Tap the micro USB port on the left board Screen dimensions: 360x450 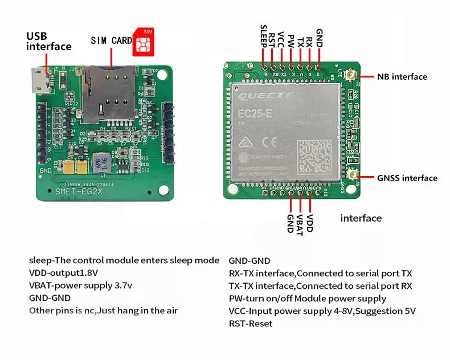(x=40, y=82)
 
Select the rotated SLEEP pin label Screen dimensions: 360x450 (x=263, y=36)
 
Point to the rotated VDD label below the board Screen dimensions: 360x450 (x=310, y=222)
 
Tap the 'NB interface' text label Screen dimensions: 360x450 (x=401, y=77)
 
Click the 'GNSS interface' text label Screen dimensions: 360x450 (x=407, y=178)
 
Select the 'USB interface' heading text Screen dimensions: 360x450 (x=49, y=42)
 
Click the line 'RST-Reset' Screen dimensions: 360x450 (x=251, y=324)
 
